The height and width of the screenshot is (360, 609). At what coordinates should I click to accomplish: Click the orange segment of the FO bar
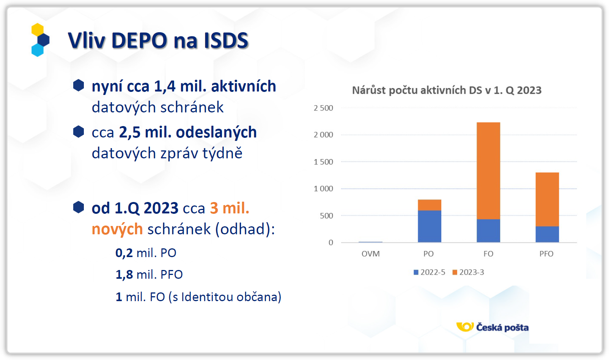488,171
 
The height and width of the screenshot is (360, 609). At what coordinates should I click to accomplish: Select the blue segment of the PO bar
429,226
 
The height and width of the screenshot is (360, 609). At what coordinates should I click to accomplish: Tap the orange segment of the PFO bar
547,199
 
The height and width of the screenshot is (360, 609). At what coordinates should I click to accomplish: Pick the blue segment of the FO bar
488,231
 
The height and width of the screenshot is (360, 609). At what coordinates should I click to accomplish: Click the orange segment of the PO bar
429,205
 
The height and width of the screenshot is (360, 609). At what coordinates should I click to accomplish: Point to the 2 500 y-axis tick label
323,108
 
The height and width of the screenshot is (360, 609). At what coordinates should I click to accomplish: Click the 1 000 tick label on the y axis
323,189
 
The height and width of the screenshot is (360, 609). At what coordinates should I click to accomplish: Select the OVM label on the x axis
370,254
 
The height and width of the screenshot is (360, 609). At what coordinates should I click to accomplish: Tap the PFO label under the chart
546,254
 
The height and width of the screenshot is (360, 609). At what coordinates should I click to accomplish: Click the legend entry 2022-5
430,272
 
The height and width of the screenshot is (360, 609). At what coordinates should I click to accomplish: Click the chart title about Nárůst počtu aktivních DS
447,90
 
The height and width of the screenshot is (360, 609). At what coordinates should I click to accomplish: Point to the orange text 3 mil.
230,208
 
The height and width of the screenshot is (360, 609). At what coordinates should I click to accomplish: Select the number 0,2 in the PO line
124,253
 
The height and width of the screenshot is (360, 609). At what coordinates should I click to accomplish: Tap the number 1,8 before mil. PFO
124,275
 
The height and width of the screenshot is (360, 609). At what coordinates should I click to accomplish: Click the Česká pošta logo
493,327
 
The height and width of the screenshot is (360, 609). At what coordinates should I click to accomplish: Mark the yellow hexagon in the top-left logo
37,30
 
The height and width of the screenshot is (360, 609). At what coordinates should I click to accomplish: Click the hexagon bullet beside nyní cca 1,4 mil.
79,85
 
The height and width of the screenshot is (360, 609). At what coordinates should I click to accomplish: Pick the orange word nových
117,229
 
